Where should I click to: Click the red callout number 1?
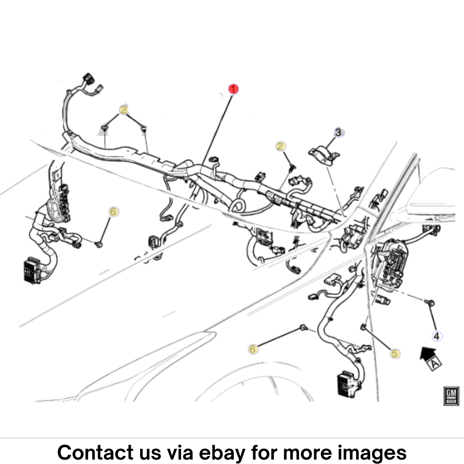point(233,89)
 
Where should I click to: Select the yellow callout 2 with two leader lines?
point(124,110)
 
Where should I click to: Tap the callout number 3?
point(338,132)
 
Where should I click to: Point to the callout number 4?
point(437,336)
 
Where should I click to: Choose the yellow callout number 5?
point(395,354)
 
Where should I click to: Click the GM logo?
point(451,396)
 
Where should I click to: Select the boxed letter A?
point(434,364)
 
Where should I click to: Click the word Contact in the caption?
point(95,452)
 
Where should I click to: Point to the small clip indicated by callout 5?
point(363,327)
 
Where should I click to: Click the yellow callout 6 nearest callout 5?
point(253,349)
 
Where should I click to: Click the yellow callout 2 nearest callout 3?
point(281,146)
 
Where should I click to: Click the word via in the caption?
point(180,452)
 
